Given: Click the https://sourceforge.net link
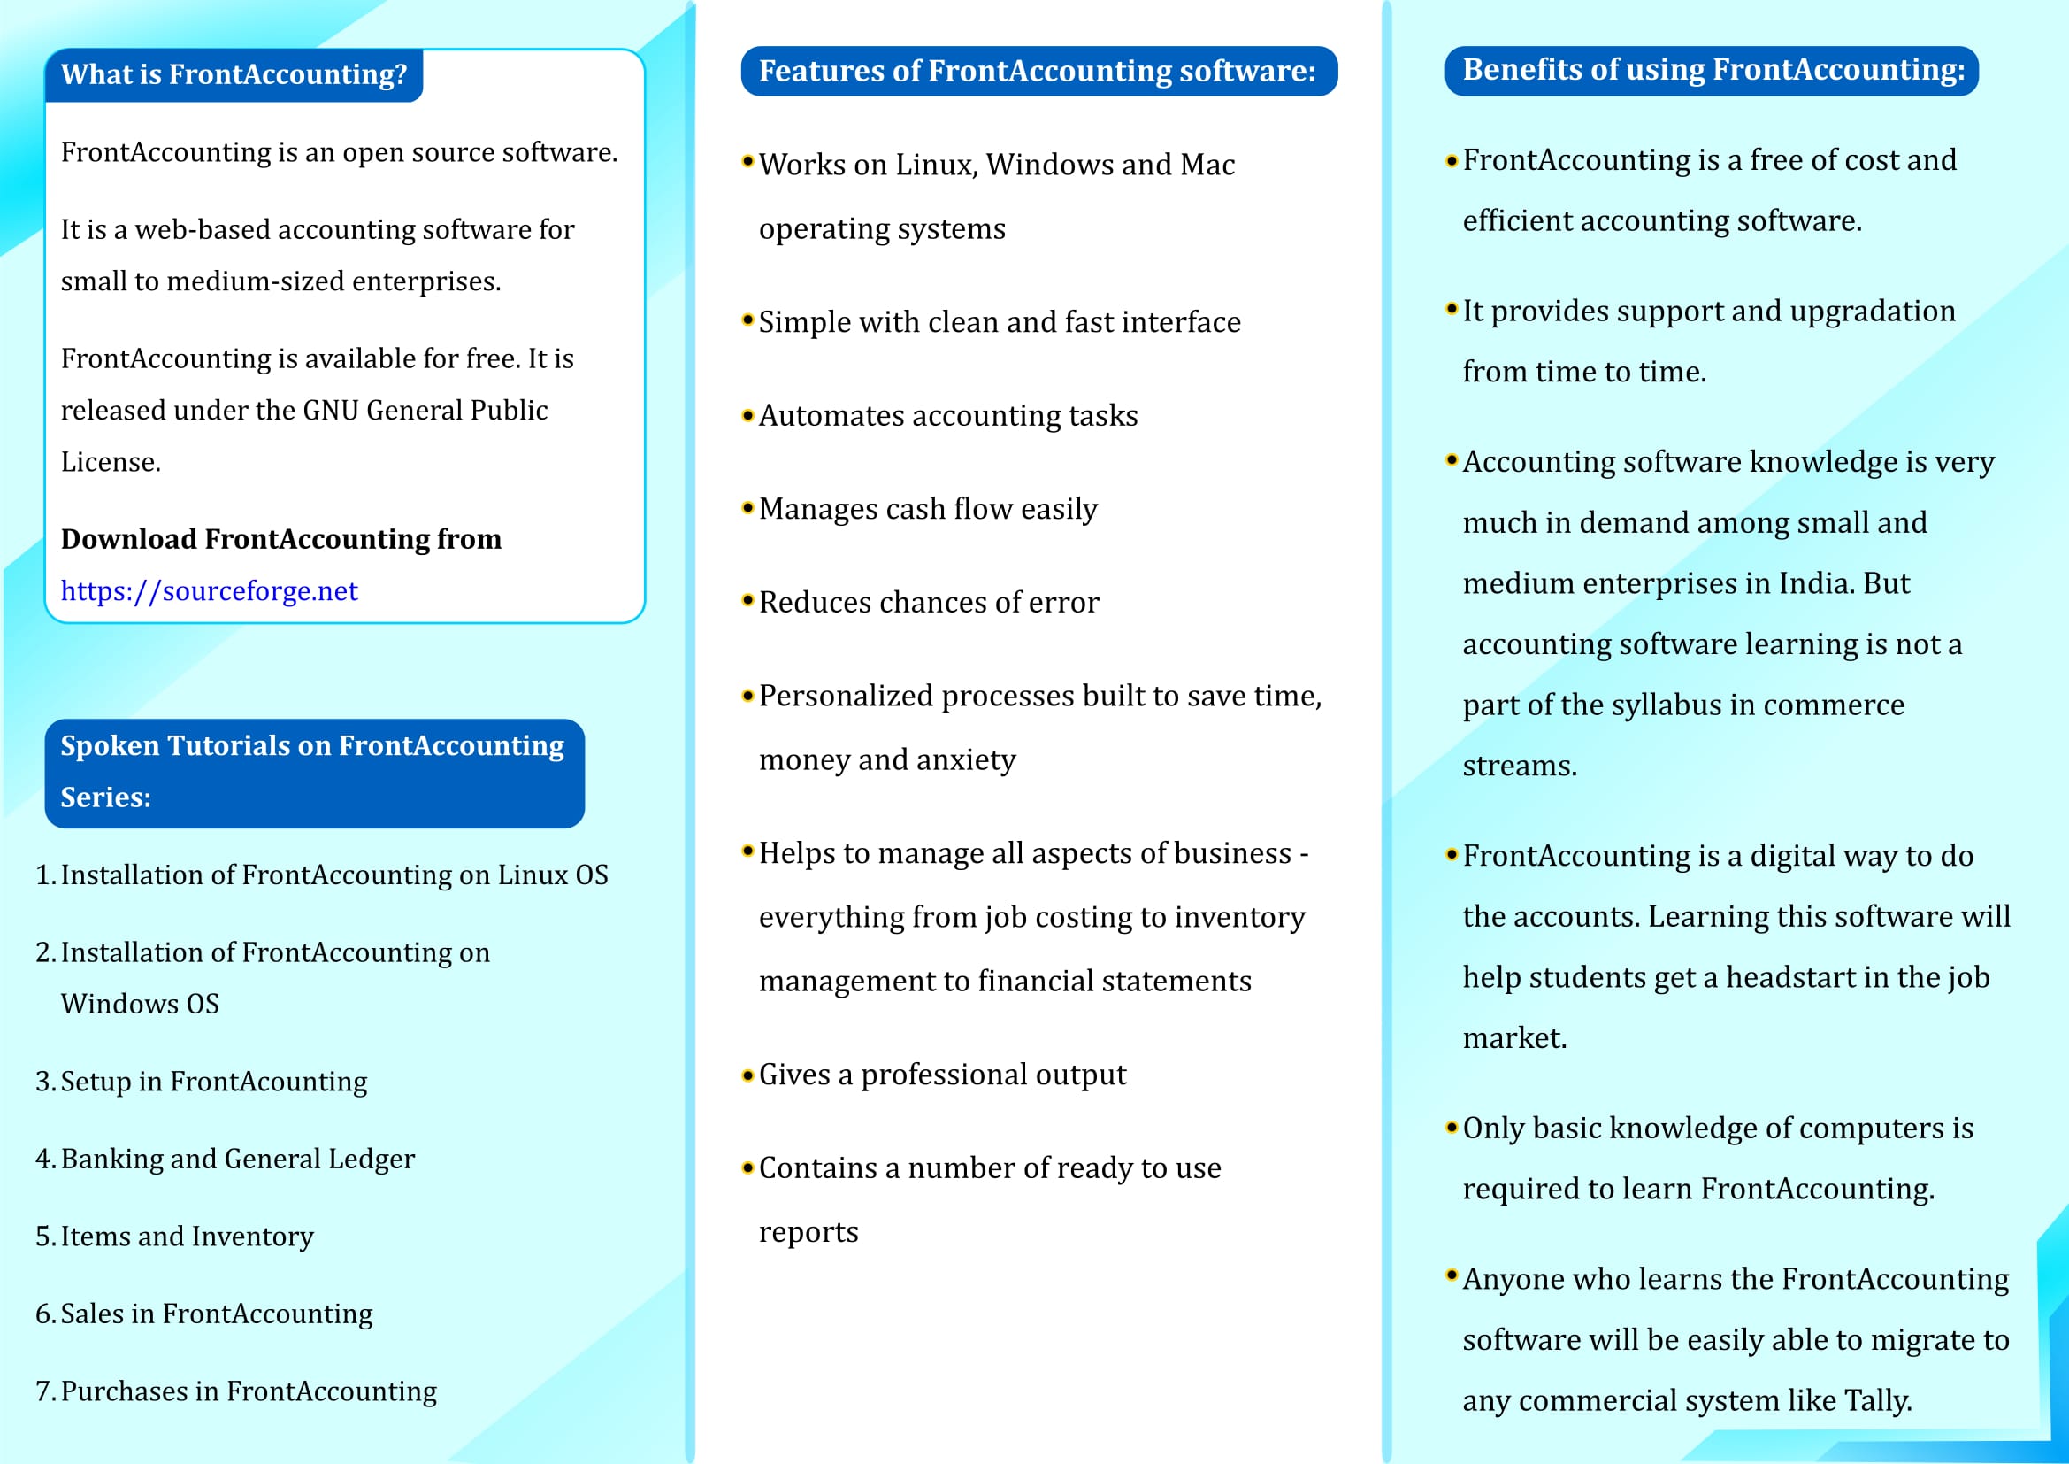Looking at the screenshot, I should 209,591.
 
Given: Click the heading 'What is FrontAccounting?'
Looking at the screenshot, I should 234,74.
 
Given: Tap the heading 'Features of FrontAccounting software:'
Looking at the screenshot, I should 1038,71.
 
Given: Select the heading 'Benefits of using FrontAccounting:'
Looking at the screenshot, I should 1713,70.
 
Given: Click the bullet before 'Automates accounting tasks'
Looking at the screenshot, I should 747,416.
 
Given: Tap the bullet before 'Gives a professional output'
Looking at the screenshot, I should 747,1075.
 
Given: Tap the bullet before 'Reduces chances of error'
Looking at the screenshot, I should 747,600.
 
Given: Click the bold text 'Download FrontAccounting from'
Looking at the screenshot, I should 281,539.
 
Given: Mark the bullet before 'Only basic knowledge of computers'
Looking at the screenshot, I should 1451,1128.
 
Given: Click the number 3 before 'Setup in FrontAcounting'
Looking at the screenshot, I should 42,1082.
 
